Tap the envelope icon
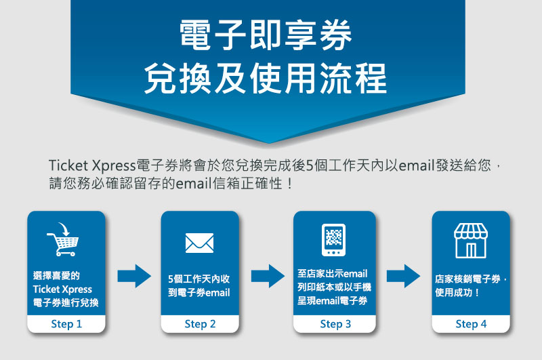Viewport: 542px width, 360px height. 199,243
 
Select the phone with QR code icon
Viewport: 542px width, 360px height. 333,239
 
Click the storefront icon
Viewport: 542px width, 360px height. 471,241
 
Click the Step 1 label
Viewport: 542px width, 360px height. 66,324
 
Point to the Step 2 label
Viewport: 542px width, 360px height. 200,324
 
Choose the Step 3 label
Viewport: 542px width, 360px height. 335,324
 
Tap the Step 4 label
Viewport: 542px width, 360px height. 471,324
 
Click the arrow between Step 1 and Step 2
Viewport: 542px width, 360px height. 134,276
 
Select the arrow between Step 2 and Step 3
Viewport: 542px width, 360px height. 268,276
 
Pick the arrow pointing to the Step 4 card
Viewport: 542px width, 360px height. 403,276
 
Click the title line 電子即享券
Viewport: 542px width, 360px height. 266,35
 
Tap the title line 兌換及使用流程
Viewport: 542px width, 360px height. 266,78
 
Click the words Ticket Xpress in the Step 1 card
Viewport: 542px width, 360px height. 62,289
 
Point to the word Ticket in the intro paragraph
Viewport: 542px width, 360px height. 68,165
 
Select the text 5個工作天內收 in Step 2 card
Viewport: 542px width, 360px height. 199,279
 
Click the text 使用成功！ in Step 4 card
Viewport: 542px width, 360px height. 457,293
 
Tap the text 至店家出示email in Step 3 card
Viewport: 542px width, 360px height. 333,273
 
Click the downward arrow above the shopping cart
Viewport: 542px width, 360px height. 64,229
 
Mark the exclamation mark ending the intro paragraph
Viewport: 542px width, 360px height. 289,183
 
